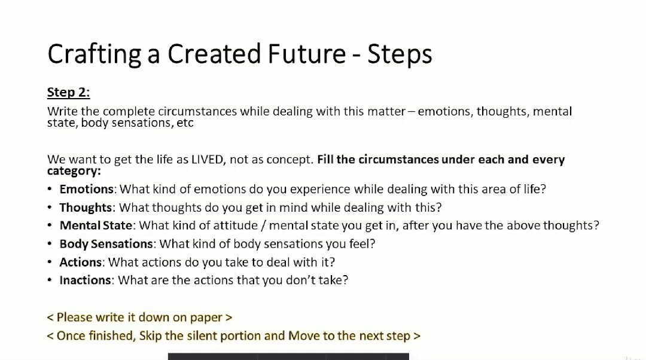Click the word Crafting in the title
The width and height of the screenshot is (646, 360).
[94, 54]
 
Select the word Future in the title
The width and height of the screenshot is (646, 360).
[306, 54]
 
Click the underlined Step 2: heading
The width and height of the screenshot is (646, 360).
[68, 92]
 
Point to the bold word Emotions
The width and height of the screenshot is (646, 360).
[87, 189]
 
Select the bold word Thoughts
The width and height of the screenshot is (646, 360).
[86, 207]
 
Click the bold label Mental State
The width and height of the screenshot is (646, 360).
[96, 225]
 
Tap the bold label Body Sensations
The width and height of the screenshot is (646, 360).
[106, 244]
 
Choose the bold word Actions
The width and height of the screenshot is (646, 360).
[81, 262]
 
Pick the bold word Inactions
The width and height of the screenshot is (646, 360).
[86, 280]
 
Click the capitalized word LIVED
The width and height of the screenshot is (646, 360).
[207, 160]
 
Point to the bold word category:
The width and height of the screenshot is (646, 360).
[74, 171]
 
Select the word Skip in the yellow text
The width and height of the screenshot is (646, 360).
[150, 335]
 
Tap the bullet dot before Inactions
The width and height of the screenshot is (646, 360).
[50, 280]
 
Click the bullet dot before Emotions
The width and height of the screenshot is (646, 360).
[50, 189]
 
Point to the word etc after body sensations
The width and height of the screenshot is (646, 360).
[185, 123]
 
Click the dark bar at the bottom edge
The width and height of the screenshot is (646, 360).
[288, 356]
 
